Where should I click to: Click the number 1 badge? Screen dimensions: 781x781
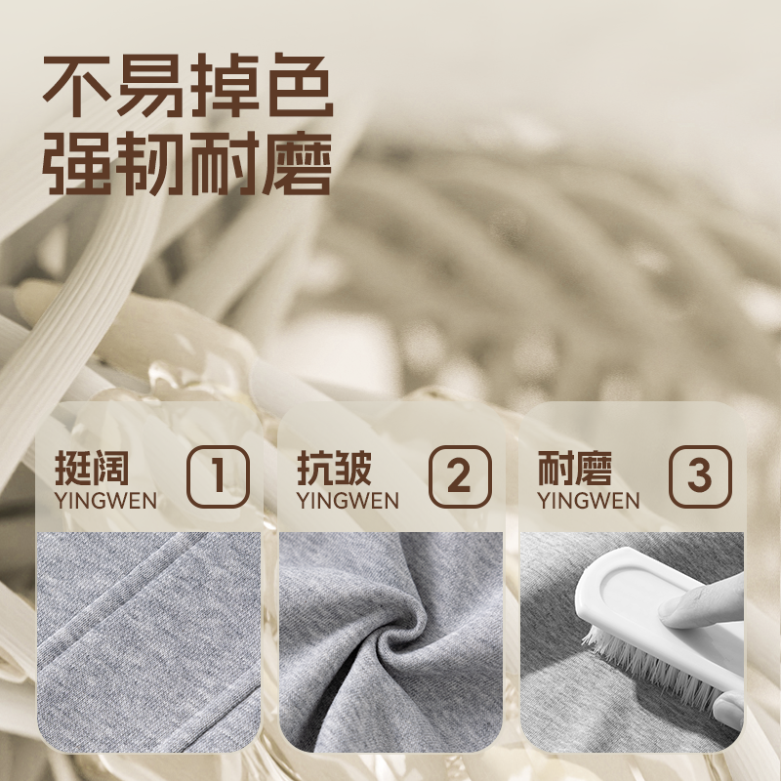219,476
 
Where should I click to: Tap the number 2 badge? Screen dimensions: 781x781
459,476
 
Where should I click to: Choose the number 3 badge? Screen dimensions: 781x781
700,476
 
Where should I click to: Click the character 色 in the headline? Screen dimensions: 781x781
298,90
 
